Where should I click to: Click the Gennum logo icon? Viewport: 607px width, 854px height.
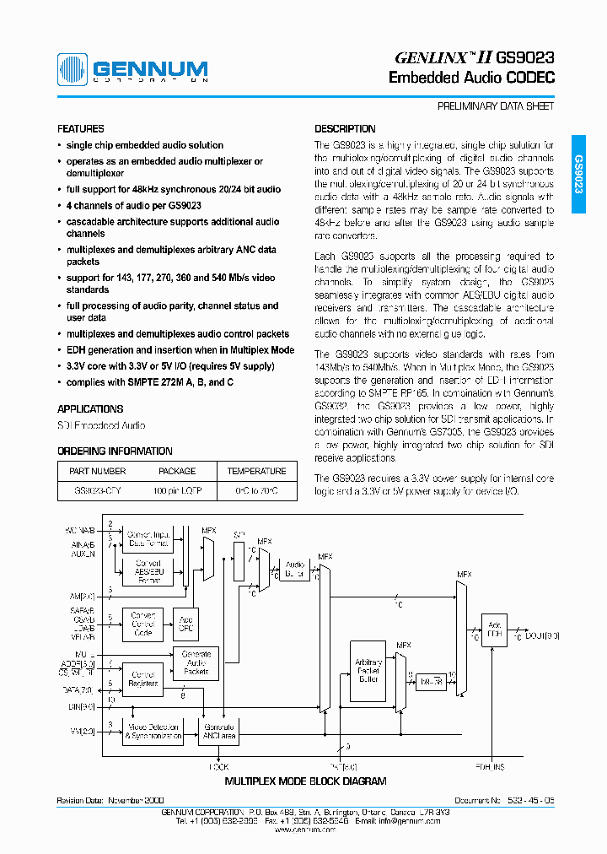click(x=73, y=69)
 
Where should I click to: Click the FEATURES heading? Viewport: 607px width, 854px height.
click(x=81, y=129)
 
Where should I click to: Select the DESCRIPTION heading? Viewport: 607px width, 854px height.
click(x=345, y=129)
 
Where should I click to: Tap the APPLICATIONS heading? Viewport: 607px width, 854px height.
click(x=90, y=408)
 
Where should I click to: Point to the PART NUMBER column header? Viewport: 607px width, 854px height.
click(x=98, y=471)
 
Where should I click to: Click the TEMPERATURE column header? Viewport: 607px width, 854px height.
click(x=257, y=471)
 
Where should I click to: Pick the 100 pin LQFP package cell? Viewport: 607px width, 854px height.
click(x=177, y=490)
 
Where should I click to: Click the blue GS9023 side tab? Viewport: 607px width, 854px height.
click(x=578, y=174)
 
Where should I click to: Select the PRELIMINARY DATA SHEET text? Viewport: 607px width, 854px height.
click(x=496, y=107)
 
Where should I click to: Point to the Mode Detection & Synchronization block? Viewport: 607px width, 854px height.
click(x=152, y=731)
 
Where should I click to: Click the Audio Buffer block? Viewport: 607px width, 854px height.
click(x=294, y=570)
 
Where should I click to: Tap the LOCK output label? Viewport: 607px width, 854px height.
click(x=219, y=766)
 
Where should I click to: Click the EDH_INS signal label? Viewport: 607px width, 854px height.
click(x=490, y=766)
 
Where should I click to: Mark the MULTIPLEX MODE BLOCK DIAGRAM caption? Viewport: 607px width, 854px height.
click(x=305, y=781)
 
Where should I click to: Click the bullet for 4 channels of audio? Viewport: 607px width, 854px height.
click(x=60, y=205)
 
